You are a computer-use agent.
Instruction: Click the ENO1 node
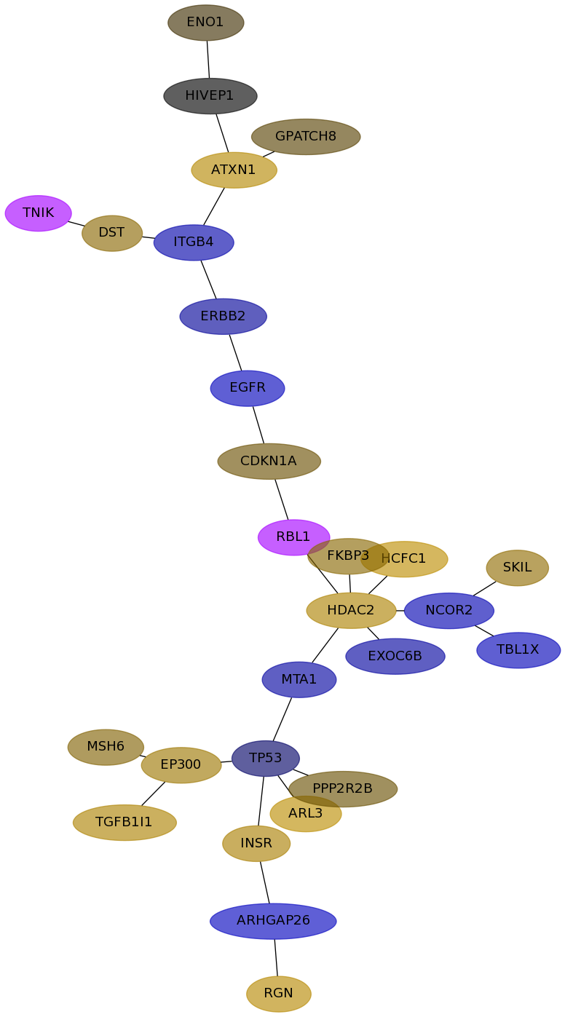tap(206, 23)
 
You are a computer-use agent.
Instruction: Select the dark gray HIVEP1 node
tap(210, 96)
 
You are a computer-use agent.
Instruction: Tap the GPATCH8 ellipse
tap(306, 137)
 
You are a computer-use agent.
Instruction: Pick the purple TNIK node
tap(38, 213)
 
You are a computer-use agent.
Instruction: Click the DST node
tap(112, 233)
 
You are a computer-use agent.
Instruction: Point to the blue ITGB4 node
tap(194, 242)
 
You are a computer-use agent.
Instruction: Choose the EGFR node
tap(248, 388)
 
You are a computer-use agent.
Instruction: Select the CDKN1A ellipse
tap(269, 462)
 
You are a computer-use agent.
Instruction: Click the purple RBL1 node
tap(294, 537)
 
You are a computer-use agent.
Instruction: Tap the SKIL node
tap(518, 568)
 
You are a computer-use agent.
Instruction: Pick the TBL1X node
tap(518, 650)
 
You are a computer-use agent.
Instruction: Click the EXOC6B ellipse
tap(395, 657)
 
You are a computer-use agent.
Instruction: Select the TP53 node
tap(266, 759)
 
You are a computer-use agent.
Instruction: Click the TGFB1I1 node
tap(125, 822)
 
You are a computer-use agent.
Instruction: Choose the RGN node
tap(279, 994)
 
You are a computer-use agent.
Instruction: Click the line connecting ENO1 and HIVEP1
tap(208, 60)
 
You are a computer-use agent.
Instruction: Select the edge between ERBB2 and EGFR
tap(235, 352)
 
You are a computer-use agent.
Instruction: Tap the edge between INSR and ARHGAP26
tap(265, 882)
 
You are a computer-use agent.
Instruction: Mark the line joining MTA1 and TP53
tap(282, 719)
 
